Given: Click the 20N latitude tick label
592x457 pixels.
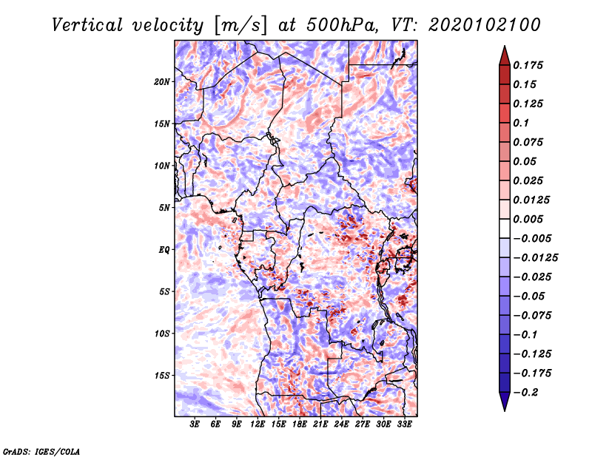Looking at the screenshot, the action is click(x=161, y=82).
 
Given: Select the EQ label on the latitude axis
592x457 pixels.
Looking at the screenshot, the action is click(x=164, y=250).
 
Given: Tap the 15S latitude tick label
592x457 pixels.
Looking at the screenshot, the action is click(x=161, y=376).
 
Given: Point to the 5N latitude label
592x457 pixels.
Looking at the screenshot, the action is click(x=164, y=208).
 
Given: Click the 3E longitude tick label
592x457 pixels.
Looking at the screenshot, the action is click(x=195, y=424).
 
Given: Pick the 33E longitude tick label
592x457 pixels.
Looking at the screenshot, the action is click(x=404, y=424).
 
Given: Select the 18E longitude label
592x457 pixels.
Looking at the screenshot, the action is click(x=300, y=424).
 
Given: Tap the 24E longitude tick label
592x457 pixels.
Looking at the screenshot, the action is click(x=341, y=424).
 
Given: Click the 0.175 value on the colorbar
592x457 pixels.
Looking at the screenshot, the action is click(x=528, y=65).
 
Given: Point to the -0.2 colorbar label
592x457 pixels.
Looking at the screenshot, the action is click(x=525, y=393).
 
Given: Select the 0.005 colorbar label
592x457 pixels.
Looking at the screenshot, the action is click(x=528, y=219).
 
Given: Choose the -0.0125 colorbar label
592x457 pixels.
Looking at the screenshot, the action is click(x=535, y=258).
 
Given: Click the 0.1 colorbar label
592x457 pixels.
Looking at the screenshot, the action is click(x=521, y=123).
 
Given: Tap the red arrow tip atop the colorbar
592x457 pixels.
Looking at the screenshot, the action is click(x=505, y=46).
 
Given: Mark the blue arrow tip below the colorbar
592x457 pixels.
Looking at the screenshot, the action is click(x=505, y=410).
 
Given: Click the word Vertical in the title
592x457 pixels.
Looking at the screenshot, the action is click(x=87, y=25).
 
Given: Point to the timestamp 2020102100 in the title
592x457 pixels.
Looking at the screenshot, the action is click(x=485, y=25).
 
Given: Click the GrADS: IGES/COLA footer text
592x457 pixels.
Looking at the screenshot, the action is click(x=41, y=452).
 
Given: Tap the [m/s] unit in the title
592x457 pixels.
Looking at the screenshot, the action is click(x=240, y=25).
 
